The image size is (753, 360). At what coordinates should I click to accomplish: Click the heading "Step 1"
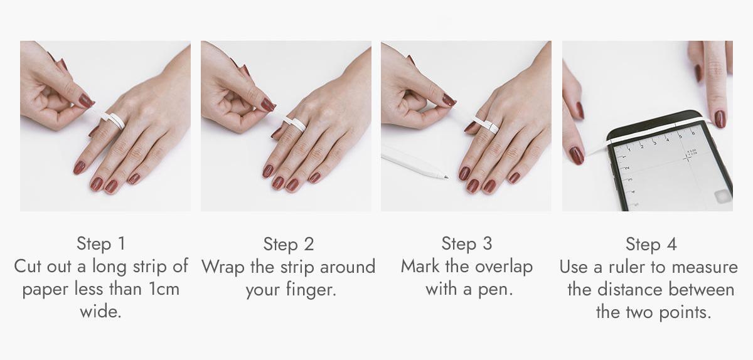click(101, 243)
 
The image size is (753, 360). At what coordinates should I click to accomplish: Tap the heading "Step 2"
click(289, 244)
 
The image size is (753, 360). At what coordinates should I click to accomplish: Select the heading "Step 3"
click(467, 243)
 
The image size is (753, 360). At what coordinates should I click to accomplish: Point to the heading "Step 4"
click(651, 244)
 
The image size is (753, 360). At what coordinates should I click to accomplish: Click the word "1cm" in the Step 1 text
click(163, 289)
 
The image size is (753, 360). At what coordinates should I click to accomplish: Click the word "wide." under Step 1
click(100, 312)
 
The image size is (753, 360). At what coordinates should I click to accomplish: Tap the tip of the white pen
click(447, 177)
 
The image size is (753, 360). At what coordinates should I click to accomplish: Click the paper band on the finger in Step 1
click(114, 120)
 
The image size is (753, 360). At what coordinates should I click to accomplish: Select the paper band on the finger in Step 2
click(295, 124)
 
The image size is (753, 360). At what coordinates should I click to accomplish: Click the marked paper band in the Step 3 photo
click(486, 124)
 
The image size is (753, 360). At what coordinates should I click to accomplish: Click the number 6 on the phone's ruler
click(693, 133)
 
